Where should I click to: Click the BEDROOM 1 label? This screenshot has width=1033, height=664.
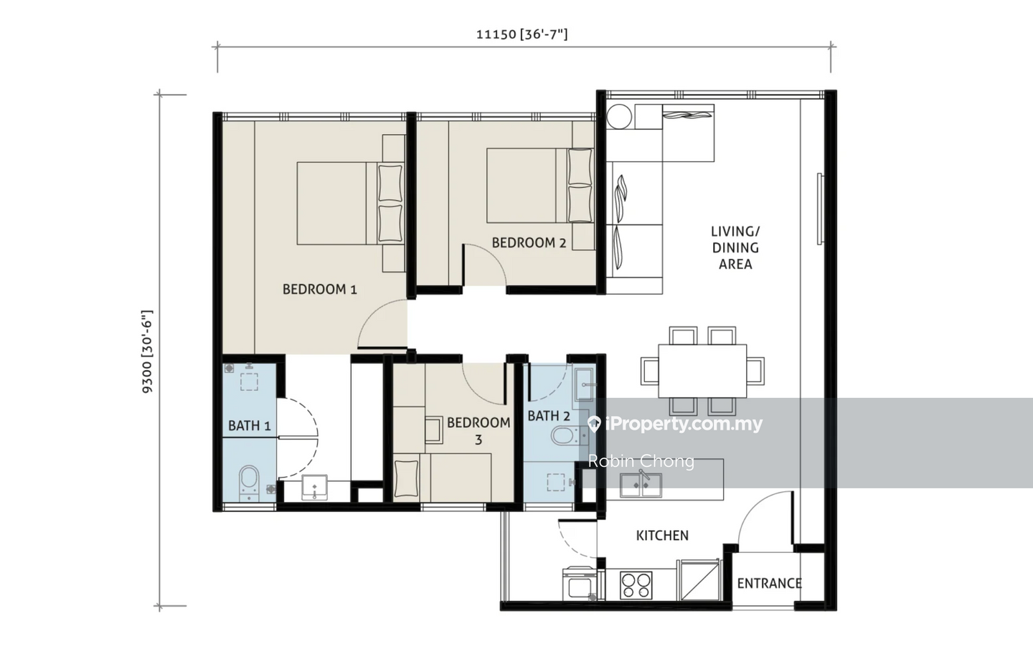pos(320,289)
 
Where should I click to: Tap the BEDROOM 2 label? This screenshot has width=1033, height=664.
pos(529,242)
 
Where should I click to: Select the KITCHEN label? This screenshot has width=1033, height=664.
pos(662,536)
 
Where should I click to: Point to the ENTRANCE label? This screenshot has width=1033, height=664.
pos(769,583)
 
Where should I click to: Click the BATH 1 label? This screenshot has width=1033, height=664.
pos(250,425)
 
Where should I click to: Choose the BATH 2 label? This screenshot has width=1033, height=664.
pos(549,416)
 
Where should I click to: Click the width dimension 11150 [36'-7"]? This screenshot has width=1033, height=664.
pos(522,34)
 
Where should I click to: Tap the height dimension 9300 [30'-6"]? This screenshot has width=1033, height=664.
pos(147,351)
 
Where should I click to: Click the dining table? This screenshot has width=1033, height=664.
pos(702,371)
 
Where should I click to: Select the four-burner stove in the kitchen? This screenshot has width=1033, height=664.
pos(636,584)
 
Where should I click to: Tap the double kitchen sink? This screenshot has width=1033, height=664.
pos(641,485)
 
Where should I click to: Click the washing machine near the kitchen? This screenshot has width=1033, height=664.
pos(580,584)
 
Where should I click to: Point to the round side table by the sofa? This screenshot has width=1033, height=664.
pos(619,117)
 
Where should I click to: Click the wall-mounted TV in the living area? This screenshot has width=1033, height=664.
pos(819,209)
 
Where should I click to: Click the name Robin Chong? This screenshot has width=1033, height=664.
pos(641,461)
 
